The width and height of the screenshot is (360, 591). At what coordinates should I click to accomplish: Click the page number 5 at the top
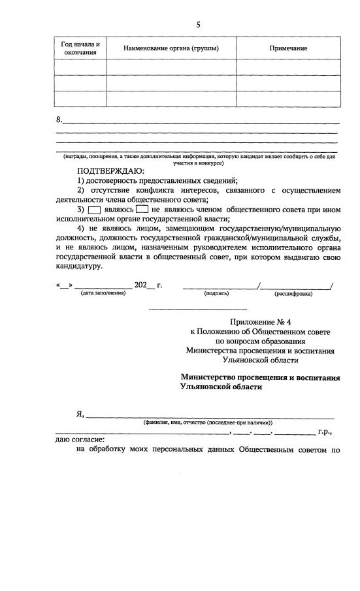click(x=198, y=25)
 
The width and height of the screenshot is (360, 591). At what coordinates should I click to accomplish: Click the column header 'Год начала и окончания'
click(x=80, y=48)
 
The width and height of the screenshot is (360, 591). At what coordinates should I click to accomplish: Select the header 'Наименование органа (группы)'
click(x=171, y=48)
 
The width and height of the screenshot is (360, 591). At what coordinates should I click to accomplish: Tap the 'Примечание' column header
click(x=288, y=48)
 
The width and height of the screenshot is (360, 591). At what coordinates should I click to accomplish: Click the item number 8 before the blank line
click(x=59, y=120)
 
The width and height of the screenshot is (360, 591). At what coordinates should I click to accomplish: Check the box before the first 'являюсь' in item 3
click(x=94, y=210)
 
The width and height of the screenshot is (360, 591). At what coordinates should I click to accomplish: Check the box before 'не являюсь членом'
click(x=142, y=210)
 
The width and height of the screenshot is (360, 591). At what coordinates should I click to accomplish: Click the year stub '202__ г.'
click(x=148, y=285)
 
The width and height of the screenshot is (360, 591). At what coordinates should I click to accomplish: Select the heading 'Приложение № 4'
click(x=259, y=322)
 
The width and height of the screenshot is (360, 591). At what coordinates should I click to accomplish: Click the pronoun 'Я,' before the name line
click(x=81, y=415)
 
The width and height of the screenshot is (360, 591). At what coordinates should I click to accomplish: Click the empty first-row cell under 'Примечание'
click(x=288, y=67)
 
